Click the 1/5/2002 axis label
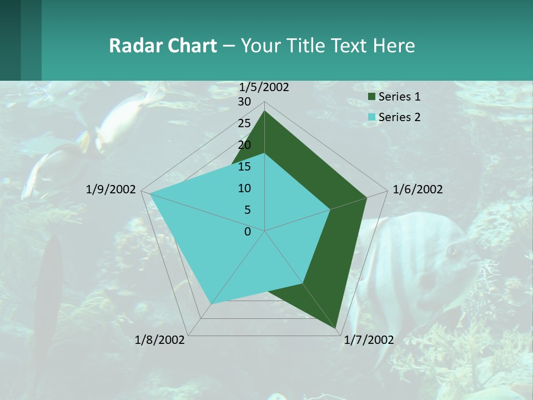coord(264,87)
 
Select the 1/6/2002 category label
coord(418,189)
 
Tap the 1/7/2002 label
coord(369,340)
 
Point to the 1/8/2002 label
coord(160,340)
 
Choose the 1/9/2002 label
coord(111,189)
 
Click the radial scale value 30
coord(244,102)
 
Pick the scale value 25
coord(244,123)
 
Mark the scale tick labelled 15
coord(244,167)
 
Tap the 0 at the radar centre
coord(248,232)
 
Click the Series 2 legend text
coord(400,117)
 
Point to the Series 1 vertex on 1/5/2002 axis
coord(265,111)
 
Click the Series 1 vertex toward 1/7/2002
coord(336,328)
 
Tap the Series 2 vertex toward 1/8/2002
coord(211,304)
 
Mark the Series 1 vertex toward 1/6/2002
coord(366,197)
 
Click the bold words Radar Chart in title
coord(163,46)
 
